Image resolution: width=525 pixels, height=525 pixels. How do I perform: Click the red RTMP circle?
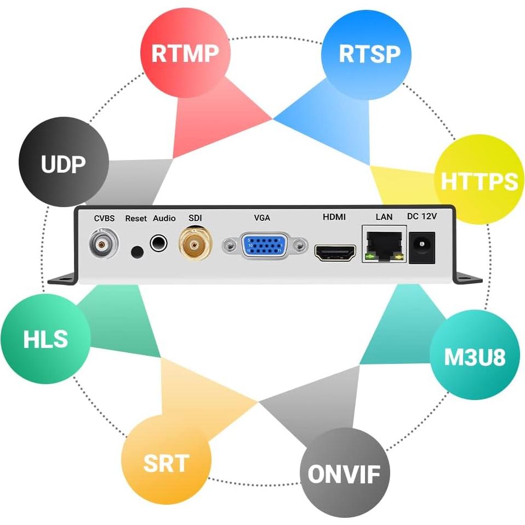[x=185, y=53]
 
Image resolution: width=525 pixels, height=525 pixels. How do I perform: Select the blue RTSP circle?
[x=369, y=54]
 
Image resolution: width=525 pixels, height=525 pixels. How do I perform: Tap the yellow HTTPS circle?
[x=479, y=180]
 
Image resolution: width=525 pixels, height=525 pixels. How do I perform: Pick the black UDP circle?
[x=64, y=163]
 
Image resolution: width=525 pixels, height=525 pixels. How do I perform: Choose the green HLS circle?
[x=45, y=339]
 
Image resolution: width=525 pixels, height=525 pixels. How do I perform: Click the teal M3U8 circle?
[x=474, y=355]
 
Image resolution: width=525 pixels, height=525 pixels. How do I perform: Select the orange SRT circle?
[x=166, y=462]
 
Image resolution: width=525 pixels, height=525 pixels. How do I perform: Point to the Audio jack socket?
[x=158, y=242]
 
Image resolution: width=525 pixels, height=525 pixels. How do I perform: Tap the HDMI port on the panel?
[x=335, y=252]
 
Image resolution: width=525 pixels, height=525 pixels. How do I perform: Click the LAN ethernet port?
[x=384, y=244]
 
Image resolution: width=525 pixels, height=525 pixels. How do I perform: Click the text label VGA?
[x=262, y=218]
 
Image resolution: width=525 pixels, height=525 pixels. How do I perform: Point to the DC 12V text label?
[x=421, y=216]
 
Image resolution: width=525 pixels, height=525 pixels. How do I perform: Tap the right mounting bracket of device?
[x=466, y=278]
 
